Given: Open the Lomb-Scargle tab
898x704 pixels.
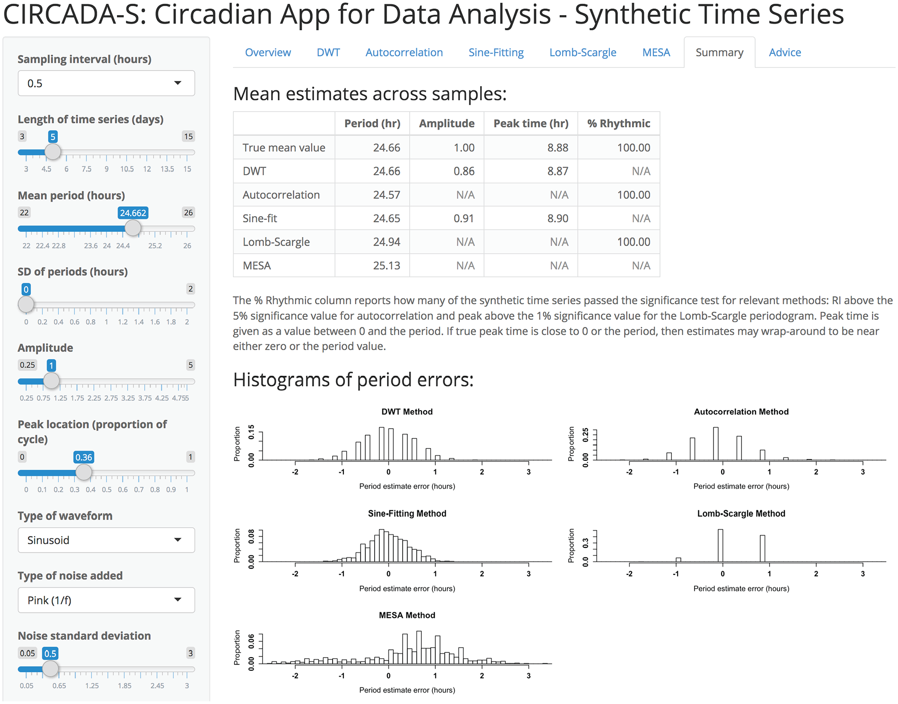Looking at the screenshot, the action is pyautogui.click(x=582, y=53).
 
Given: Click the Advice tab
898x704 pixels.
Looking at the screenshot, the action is pyautogui.click(x=784, y=53).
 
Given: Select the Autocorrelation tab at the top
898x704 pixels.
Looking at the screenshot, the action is pyautogui.click(x=404, y=53).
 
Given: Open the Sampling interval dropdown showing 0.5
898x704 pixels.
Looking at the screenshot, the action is pyautogui.click(x=106, y=83).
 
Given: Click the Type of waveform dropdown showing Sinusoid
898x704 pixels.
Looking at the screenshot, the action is pyautogui.click(x=106, y=540).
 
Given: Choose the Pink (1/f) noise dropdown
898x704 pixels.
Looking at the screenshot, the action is pyautogui.click(x=106, y=600).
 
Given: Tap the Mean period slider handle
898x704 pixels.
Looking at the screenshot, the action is pyautogui.click(x=133, y=228).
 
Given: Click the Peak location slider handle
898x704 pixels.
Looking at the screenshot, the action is pyautogui.click(x=84, y=472).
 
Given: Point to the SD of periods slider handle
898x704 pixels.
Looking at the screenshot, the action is pyautogui.click(x=26, y=304).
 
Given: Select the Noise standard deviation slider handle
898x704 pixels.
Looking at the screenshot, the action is pyautogui.click(x=50, y=669).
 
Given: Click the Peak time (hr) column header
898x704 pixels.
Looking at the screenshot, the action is pyautogui.click(x=531, y=123).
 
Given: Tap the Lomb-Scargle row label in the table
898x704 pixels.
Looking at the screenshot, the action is pyautogui.click(x=276, y=242).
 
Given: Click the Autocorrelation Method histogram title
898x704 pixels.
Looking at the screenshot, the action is pyautogui.click(x=741, y=412).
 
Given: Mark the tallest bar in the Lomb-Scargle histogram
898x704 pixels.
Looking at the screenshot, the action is pyautogui.click(x=721, y=546).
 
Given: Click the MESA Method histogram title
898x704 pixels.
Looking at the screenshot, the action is pyautogui.click(x=407, y=615).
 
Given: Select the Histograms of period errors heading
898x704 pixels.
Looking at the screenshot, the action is pyautogui.click(x=353, y=379).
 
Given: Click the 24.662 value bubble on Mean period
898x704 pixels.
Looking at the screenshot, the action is pyautogui.click(x=133, y=213).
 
